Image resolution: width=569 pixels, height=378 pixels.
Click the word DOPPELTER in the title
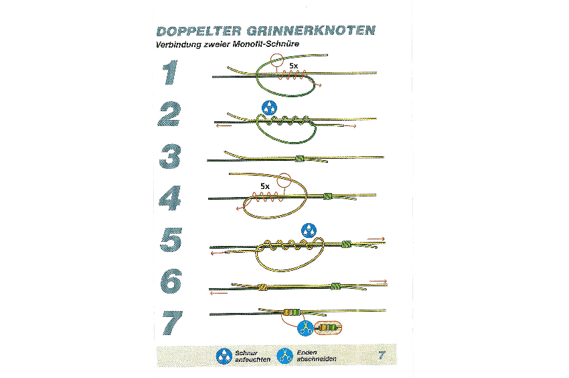(199, 31)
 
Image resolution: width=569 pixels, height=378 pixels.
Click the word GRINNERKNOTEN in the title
(311, 31)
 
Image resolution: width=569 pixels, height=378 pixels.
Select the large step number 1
(171, 73)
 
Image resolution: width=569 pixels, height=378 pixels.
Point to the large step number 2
(169, 114)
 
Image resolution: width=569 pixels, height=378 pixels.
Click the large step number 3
(170, 156)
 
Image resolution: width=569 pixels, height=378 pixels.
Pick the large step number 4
(170, 198)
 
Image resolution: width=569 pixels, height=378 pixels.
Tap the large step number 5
(171, 240)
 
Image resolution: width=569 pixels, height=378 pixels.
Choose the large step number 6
(171, 281)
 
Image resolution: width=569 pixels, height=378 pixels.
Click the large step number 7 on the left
(172, 323)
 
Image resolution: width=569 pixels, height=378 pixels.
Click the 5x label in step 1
(294, 66)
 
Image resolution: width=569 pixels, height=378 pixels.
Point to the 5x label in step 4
(265, 186)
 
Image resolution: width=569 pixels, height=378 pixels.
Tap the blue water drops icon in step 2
(269, 108)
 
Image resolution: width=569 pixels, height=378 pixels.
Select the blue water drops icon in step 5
(309, 231)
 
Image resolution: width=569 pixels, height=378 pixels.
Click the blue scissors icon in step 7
(305, 328)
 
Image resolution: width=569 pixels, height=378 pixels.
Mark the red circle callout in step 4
(284, 180)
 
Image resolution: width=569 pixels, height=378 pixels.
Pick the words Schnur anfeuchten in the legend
(252, 356)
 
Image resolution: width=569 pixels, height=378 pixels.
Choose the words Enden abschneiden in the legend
(317, 356)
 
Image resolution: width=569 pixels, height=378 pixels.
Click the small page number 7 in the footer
(382, 355)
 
